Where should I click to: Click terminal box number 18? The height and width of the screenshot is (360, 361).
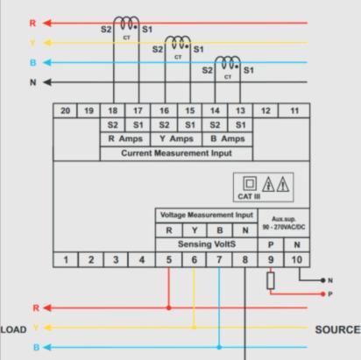[x=112, y=110]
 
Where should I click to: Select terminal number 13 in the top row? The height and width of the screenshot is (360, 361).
[x=240, y=110]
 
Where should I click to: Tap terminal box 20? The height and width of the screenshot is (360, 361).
[x=65, y=110]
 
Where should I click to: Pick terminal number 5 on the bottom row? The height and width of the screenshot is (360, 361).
[x=169, y=259]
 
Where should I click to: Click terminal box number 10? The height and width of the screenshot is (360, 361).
[x=297, y=259]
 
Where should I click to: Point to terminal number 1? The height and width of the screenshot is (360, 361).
[x=66, y=259]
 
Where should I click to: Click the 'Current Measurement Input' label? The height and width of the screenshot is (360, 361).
[x=176, y=153]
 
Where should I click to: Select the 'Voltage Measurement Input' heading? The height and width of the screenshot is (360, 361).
[x=207, y=215]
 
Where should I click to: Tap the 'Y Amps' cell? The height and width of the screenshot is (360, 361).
[x=176, y=138]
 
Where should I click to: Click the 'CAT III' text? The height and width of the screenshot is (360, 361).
[x=249, y=196]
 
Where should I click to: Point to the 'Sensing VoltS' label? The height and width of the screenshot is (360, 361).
[x=207, y=244]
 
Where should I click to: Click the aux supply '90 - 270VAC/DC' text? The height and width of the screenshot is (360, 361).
[x=284, y=227]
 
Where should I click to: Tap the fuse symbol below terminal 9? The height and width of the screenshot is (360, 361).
[x=271, y=280]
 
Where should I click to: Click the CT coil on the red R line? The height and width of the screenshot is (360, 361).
[x=126, y=24]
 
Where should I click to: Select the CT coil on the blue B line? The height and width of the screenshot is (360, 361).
[x=228, y=63]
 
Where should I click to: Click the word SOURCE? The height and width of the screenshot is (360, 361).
[x=338, y=329]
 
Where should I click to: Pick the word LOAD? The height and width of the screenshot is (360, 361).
[x=13, y=329]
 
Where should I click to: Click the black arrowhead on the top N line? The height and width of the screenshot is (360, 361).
[x=47, y=82]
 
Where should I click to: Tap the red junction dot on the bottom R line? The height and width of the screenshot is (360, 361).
[x=169, y=307]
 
